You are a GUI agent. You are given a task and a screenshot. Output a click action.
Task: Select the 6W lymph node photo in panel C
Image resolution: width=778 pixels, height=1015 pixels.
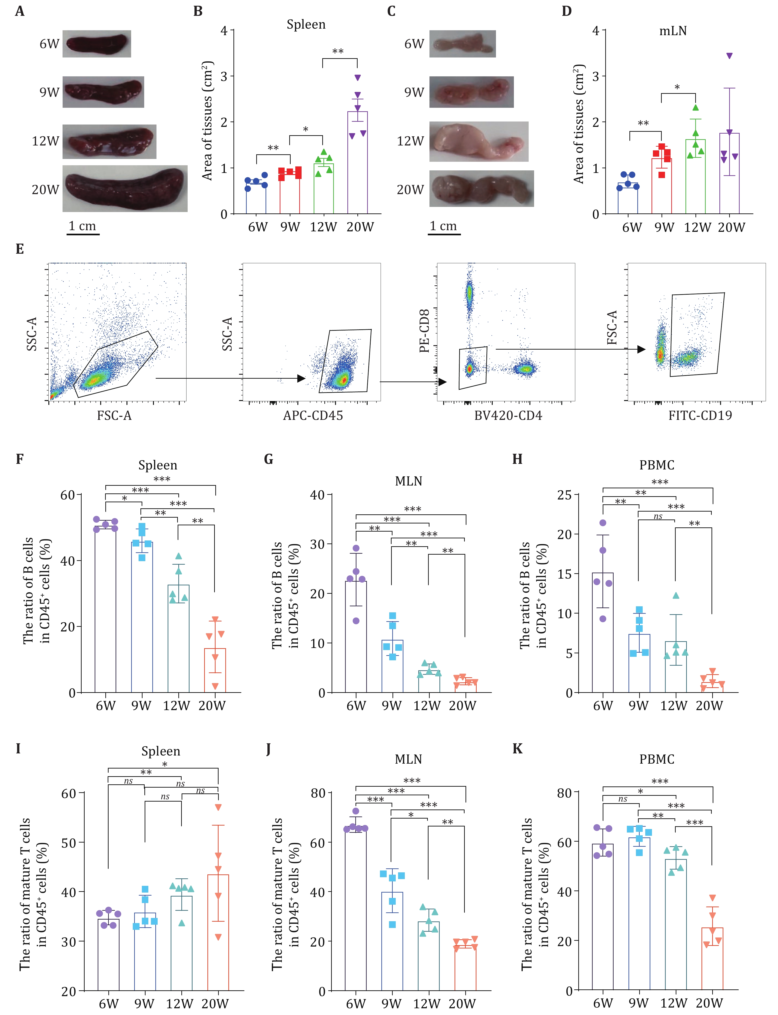462,44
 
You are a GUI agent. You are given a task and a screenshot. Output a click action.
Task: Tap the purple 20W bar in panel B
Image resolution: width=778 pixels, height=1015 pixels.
358,162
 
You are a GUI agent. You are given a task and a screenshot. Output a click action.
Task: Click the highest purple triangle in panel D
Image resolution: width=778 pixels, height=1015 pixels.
729,56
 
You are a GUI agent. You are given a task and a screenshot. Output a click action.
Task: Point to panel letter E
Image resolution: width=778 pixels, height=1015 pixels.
20,249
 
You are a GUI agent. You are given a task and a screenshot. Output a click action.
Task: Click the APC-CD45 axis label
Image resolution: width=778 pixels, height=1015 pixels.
313,416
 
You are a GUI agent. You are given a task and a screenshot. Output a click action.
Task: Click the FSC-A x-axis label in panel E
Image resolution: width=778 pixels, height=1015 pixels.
114,416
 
